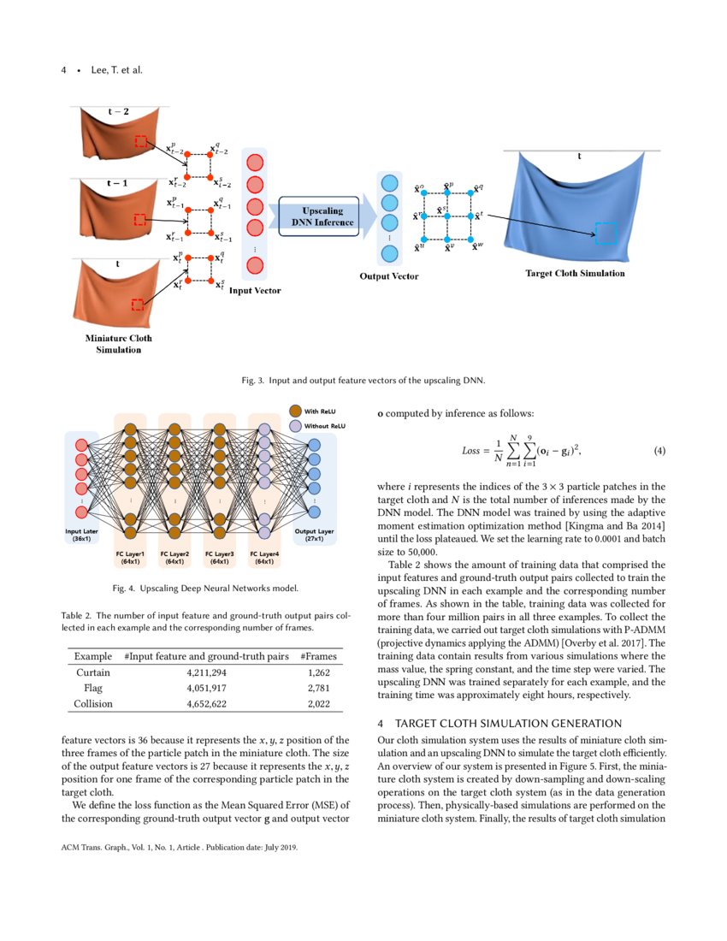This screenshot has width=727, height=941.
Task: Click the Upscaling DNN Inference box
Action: pyautogui.click(x=317, y=216)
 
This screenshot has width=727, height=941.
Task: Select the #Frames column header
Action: pyautogui.click(x=318, y=656)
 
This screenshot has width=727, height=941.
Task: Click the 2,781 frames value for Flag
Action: pyautogui.click(x=318, y=688)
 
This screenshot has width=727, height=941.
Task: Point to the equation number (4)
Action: pyautogui.click(x=659, y=450)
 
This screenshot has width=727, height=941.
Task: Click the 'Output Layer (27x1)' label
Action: pyautogui.click(x=314, y=536)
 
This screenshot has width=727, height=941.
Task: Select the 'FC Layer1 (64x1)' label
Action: pyautogui.click(x=131, y=558)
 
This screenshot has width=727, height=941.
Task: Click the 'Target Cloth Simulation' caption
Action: pyautogui.click(x=574, y=274)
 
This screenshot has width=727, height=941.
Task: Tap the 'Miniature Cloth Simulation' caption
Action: pyautogui.click(x=119, y=344)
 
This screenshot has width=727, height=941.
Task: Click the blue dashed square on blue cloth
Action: pyautogui.click(x=606, y=234)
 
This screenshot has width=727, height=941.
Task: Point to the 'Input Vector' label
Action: pyautogui.click(x=255, y=291)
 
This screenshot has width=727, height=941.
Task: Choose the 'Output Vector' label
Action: pyautogui.click(x=388, y=276)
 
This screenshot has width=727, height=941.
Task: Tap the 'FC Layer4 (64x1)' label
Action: pyautogui.click(x=264, y=558)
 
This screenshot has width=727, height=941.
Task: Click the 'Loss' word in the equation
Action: pyautogui.click(x=471, y=450)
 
